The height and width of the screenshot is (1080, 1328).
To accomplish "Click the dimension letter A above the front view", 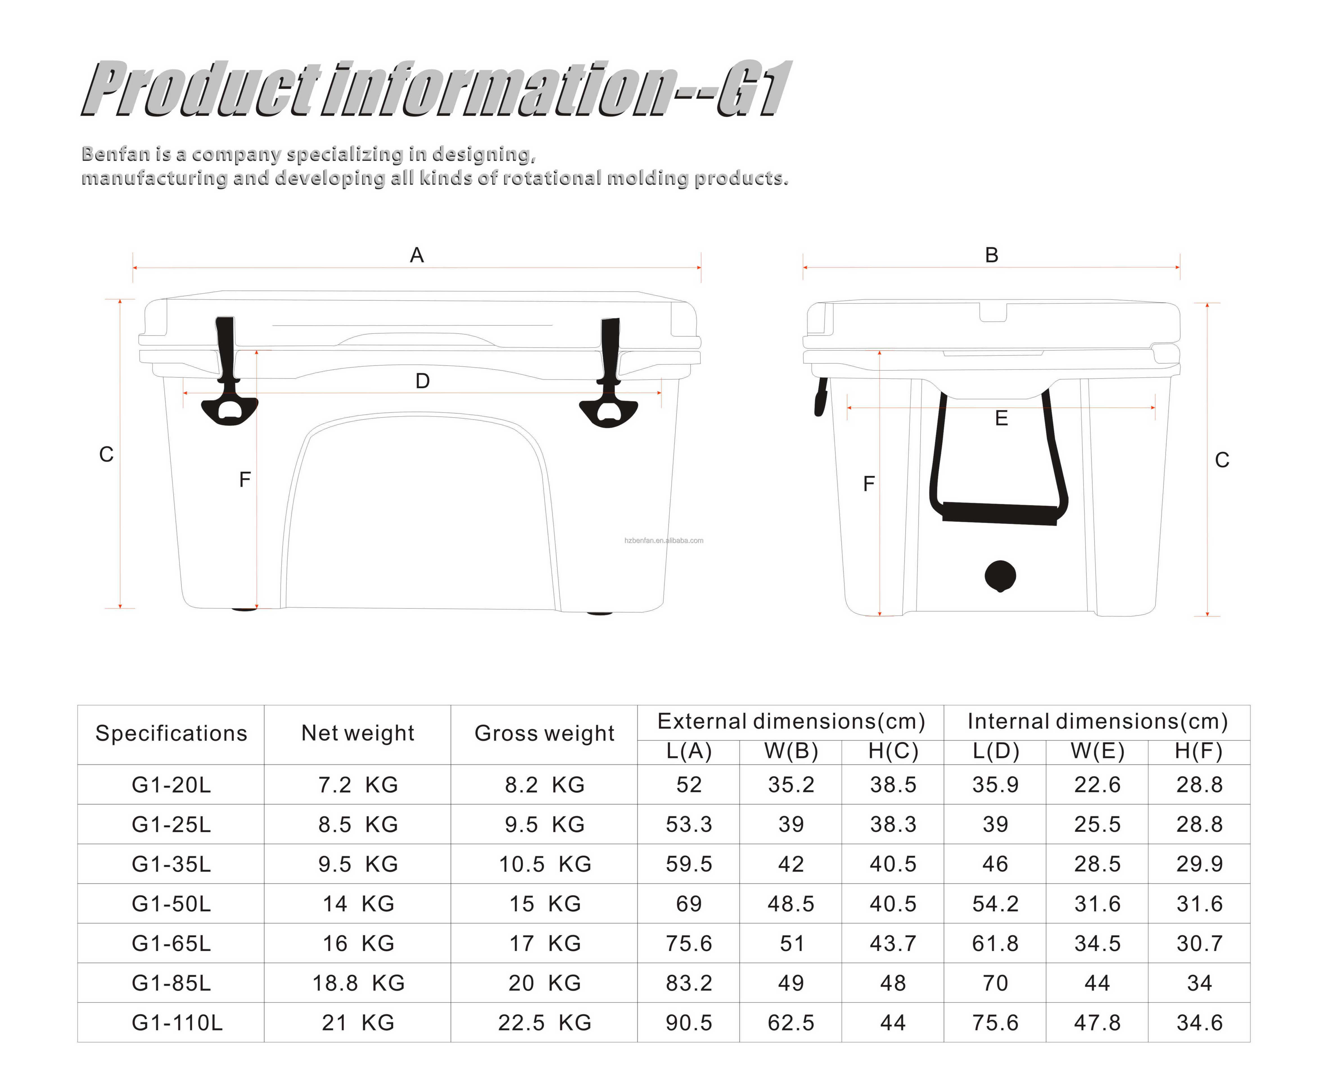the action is click(417, 255).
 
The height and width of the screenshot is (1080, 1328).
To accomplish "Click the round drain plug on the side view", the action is click(1000, 576).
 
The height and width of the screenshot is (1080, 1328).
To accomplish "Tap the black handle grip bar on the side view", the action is click(1000, 513).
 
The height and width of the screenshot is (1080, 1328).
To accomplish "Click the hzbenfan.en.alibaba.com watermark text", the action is click(664, 541).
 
